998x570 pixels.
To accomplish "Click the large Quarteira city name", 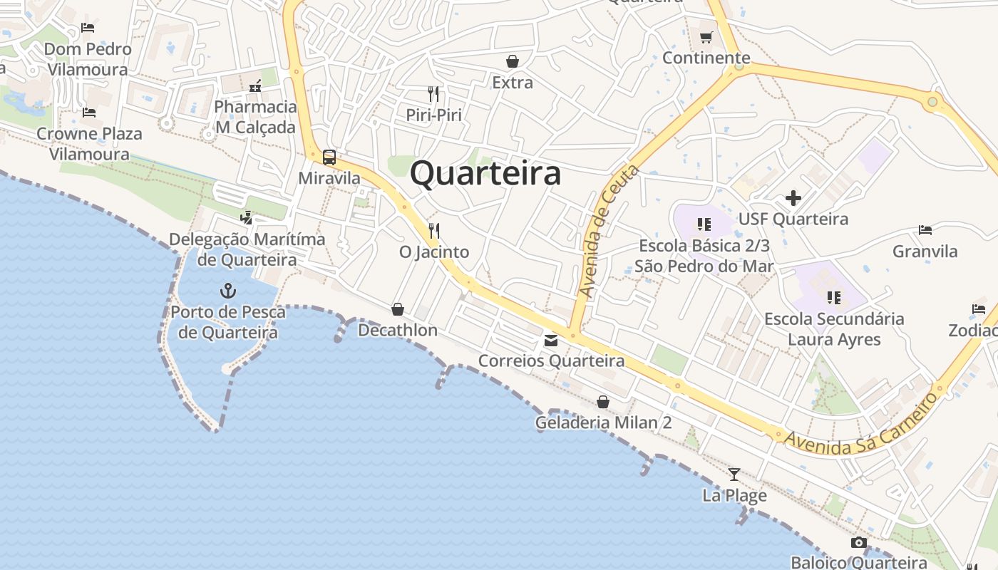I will coord(485,174).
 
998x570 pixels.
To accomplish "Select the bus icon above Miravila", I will coord(329,157).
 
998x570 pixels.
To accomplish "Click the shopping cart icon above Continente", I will coord(706,37).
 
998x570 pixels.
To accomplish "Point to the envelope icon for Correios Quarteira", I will coord(551,341).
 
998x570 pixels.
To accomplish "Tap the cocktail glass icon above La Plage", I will coord(734,474).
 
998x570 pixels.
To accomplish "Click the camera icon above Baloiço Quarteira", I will coord(858,543).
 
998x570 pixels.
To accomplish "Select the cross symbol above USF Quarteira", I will coord(793,198).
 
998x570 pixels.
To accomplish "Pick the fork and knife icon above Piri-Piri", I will coord(433,93).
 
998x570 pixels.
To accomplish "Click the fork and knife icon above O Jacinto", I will coord(433,231).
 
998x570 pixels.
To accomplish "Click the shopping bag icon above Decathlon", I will coord(398,309).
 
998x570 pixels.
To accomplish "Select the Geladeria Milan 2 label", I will coord(603,423).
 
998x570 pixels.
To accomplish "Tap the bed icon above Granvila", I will coord(925,230).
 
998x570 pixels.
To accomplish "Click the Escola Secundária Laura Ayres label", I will coord(834,329).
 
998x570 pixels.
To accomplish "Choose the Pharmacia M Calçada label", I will coord(255,117).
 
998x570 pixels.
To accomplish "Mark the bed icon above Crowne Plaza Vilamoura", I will coord(89,113).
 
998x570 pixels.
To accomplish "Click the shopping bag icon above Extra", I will coord(512,61).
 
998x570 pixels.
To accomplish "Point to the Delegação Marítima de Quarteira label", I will coord(247,249).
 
